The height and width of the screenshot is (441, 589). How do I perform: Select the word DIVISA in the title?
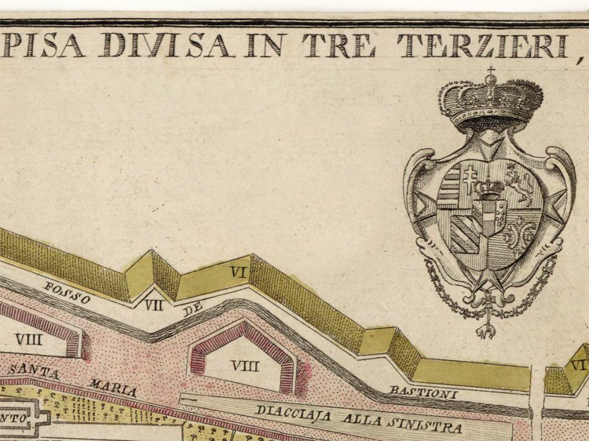point(166,45)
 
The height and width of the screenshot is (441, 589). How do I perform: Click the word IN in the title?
point(265,45)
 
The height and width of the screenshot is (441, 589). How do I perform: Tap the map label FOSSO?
point(68,292)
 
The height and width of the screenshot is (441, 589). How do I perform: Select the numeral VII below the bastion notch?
point(153,304)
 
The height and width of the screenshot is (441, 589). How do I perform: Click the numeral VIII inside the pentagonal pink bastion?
point(244,365)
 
